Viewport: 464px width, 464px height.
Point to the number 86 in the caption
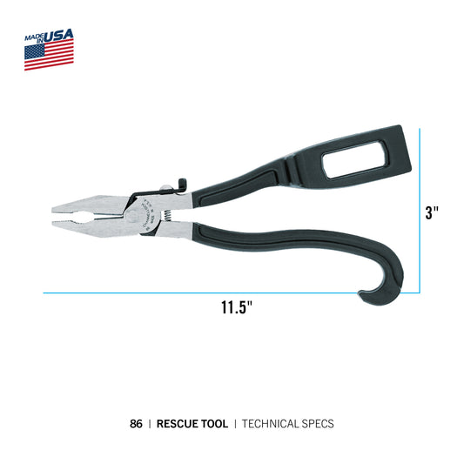135,424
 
